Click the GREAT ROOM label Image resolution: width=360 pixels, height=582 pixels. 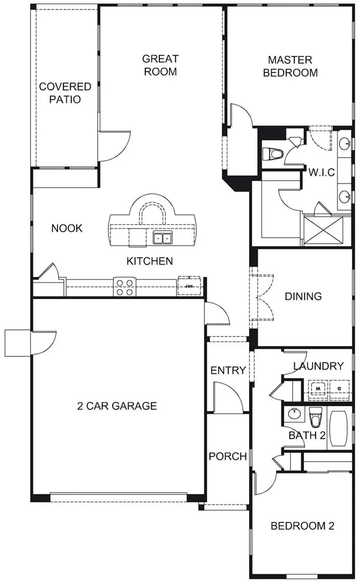tap(160, 65)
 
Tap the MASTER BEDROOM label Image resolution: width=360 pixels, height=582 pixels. tap(291, 66)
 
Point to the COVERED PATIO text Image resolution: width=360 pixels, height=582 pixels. tap(65, 93)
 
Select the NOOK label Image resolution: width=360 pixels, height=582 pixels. tap(67, 228)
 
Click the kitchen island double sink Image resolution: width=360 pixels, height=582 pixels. tap(162, 238)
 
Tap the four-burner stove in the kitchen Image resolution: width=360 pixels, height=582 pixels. tap(124, 287)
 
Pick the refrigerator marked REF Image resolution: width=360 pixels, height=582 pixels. tap(189, 286)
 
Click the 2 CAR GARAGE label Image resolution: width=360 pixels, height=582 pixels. tap(117, 406)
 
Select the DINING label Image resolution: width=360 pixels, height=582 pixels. tap(303, 297)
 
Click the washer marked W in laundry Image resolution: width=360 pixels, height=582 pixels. tap(318, 389)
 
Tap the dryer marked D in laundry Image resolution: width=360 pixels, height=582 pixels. tap(339, 389)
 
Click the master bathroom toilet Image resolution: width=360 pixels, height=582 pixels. tap(272, 154)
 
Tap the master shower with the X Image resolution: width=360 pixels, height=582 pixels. tap(323, 231)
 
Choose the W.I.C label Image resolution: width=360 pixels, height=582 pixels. tap(321, 172)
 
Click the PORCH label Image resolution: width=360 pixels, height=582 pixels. tap(228, 456)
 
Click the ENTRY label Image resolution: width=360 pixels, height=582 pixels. tap(228, 371)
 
